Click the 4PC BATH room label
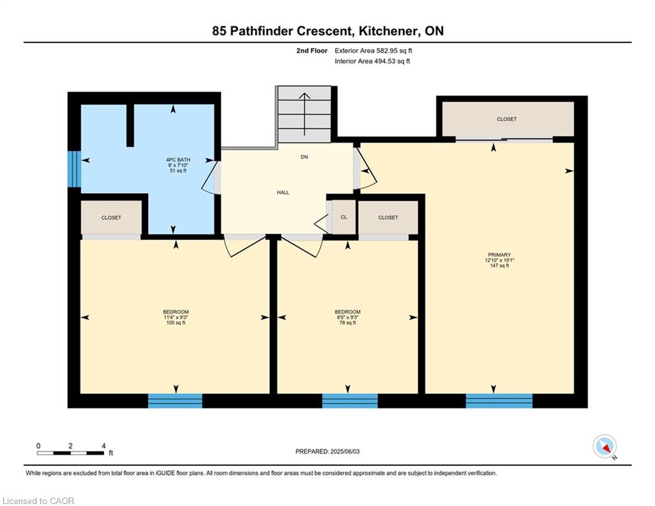178,159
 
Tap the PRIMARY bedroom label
499,255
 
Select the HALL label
283,192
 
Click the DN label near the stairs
304,157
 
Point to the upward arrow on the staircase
305,114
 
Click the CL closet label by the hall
344,217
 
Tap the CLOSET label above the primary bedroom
507,119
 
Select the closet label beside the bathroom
111,217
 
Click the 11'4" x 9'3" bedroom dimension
176,317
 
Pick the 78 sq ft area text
348,322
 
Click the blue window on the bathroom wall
74,169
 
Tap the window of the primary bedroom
499,401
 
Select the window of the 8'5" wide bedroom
350,401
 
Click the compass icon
604,446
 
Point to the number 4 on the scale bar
103,446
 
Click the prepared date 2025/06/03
345,451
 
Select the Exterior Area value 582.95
387,51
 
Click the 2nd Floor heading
312,51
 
